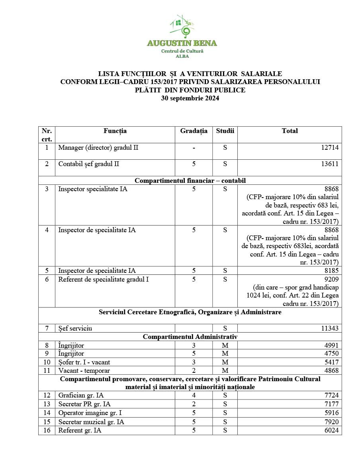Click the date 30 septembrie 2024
click(x=190, y=98)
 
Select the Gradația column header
click(x=194, y=131)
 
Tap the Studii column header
click(x=225, y=131)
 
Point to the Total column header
click(x=290, y=131)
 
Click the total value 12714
click(x=330, y=148)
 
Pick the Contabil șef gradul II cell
click(x=89, y=164)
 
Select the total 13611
click(x=330, y=164)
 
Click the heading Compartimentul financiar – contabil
click(x=190, y=180)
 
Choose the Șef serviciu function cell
click(x=75, y=328)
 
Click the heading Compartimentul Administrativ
click(x=190, y=337)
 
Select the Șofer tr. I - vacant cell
click(x=84, y=362)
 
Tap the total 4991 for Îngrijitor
click(x=331, y=345)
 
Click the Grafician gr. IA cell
click(x=81, y=395)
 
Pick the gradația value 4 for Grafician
click(x=194, y=395)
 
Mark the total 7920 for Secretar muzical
click(x=331, y=422)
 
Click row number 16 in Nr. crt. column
click(x=47, y=430)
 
